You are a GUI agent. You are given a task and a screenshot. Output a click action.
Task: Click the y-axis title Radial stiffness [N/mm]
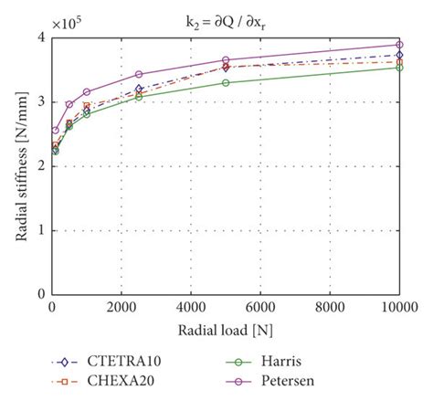pyautogui.click(x=21, y=165)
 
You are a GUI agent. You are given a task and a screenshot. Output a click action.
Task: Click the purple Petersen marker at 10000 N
pyautogui.click(x=398, y=45)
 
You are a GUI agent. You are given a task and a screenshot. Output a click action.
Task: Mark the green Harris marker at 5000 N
pyautogui.click(x=226, y=82)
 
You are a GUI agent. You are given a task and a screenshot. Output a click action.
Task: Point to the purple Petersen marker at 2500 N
pyautogui.click(x=139, y=74)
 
